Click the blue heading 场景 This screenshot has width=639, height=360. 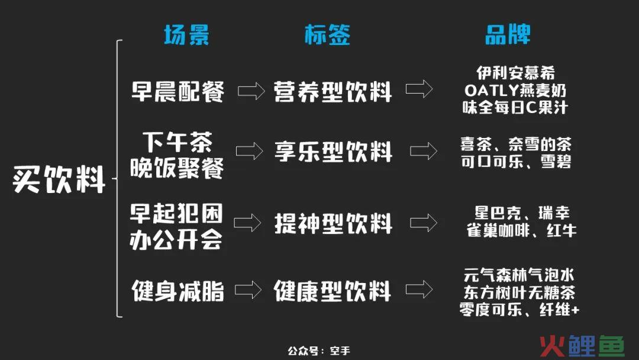tap(186, 35)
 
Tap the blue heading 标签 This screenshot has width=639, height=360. tap(327, 35)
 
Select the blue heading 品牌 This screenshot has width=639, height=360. tap(508, 34)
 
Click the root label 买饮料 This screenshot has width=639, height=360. tap(59, 179)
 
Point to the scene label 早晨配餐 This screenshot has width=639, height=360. tap(177, 91)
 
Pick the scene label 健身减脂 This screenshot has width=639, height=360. tap(177, 291)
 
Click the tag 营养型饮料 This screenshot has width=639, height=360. tap(333, 91)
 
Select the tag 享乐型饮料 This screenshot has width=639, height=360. tap(333, 152)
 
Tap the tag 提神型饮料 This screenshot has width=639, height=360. tap(333, 223)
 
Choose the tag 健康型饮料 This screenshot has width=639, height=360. tap(332, 291)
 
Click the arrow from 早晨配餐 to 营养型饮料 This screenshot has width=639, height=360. tap(251, 91)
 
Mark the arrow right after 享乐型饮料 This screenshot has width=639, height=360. tap(424, 151)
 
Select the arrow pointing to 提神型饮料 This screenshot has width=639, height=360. tap(247, 223)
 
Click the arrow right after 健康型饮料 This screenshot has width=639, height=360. tap(419, 290)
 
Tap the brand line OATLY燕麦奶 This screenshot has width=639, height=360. tap(515, 91)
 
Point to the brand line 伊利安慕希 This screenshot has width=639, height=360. tap(515, 73)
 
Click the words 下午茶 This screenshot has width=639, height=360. tap(177, 142)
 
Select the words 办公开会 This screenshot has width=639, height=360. tap(176, 239)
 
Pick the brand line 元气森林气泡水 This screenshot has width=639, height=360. tap(519, 275)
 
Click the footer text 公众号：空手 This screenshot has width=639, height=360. tap(319, 351)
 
